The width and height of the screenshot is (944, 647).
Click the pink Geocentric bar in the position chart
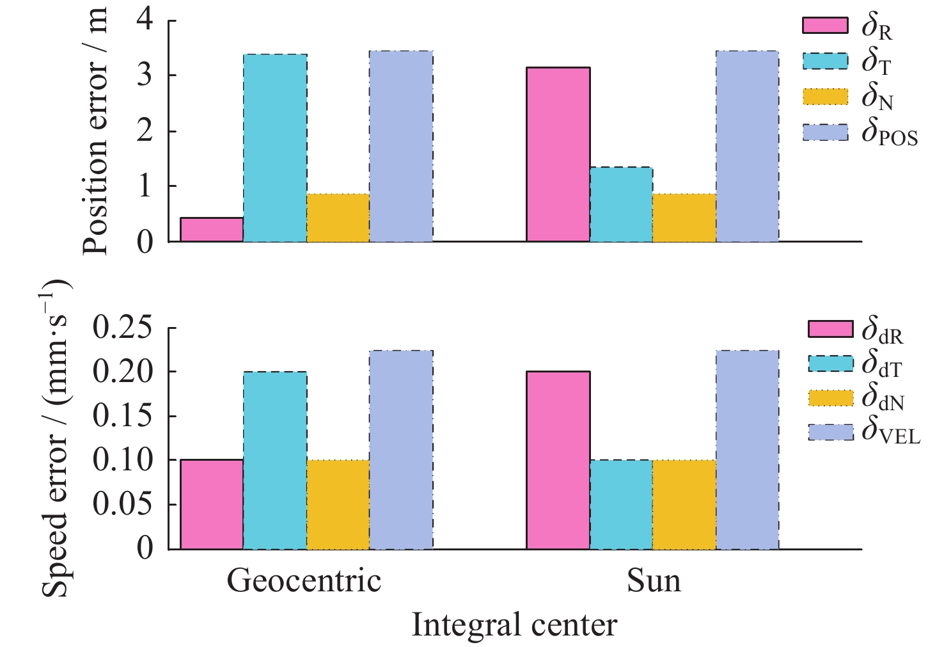click(x=212, y=230)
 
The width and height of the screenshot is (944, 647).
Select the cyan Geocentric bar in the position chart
click(x=275, y=148)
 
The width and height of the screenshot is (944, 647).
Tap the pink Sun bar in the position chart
click(x=558, y=154)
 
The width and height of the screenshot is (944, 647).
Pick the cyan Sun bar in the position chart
click(x=621, y=204)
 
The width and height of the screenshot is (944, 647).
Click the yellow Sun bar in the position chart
click(x=684, y=218)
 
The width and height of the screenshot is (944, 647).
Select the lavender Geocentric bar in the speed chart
click(x=401, y=449)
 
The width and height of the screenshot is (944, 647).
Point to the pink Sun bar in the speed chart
click(x=558, y=459)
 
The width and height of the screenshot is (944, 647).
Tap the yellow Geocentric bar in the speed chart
click(x=338, y=504)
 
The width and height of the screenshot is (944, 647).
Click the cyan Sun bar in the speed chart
click(x=621, y=504)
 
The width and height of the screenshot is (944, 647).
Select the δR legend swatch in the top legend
click(x=825, y=26)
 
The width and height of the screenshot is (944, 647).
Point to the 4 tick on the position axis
click(x=145, y=20)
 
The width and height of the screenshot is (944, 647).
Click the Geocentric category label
click(x=304, y=581)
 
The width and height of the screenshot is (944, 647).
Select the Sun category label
click(x=653, y=581)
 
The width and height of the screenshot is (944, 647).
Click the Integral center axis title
click(x=514, y=625)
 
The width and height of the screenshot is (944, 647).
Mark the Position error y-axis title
click(x=96, y=131)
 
